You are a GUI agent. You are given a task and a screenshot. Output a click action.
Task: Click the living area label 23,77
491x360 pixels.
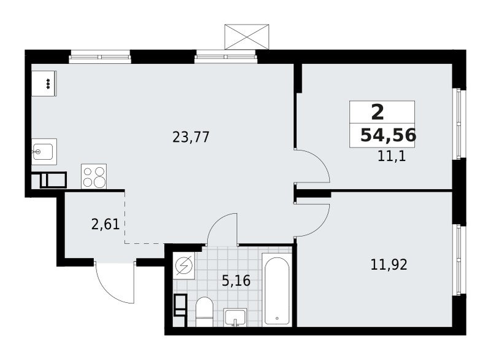[191, 137]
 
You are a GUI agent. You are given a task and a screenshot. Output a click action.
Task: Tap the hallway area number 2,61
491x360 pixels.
[105, 224]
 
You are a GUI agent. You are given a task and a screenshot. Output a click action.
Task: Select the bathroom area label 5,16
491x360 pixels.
[235, 282]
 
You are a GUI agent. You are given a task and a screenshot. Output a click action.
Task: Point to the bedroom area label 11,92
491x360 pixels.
[389, 265]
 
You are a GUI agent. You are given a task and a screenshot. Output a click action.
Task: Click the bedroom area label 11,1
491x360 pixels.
[392, 156]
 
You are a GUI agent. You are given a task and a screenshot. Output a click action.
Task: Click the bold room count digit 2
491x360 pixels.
[377, 112]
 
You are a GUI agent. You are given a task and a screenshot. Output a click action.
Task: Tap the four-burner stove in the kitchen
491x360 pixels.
[93, 176]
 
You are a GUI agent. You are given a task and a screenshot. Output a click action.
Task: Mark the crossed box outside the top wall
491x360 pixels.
[247, 36]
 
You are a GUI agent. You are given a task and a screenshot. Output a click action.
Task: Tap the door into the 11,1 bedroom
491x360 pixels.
[314, 166]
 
